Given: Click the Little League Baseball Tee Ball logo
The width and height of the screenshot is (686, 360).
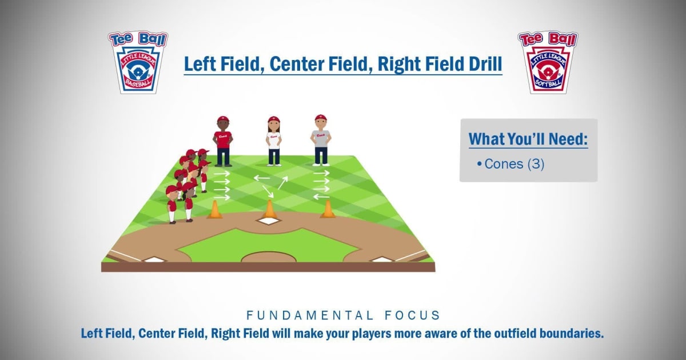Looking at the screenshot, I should [x=137, y=62].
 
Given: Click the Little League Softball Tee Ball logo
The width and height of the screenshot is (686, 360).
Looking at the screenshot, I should [x=548, y=62].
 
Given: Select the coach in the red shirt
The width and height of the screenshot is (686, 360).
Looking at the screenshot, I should [x=223, y=141].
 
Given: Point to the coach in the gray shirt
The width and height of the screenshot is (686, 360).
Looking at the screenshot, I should [x=321, y=140].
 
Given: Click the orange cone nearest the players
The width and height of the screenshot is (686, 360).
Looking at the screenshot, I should [x=215, y=210].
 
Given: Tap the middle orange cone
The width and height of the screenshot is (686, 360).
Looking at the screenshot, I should [x=269, y=210].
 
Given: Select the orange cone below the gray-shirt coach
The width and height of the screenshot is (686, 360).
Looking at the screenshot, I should [x=328, y=209].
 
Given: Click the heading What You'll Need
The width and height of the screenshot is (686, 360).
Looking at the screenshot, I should [x=528, y=139].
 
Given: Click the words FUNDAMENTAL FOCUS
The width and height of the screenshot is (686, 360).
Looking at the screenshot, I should [x=343, y=315].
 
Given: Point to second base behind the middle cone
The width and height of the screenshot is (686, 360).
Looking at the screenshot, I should [x=268, y=222].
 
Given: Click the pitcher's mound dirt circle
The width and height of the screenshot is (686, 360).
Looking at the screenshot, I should [x=269, y=257].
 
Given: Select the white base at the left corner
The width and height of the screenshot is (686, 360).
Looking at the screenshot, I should [x=153, y=260].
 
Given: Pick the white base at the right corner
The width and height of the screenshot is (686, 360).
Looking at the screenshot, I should [x=383, y=260].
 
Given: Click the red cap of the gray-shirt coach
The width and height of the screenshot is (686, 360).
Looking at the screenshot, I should [x=321, y=118].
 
